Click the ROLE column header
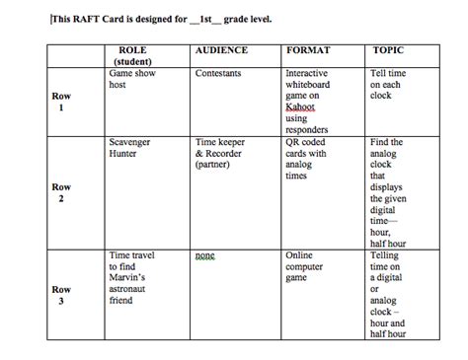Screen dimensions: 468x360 tap(131, 49)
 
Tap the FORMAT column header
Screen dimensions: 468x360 tap(308, 49)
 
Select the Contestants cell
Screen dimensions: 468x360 tap(219, 73)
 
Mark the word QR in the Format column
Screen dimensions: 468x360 tap(293, 142)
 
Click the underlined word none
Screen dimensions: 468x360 tap(204, 255)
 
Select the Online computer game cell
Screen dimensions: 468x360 tap(304, 267)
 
